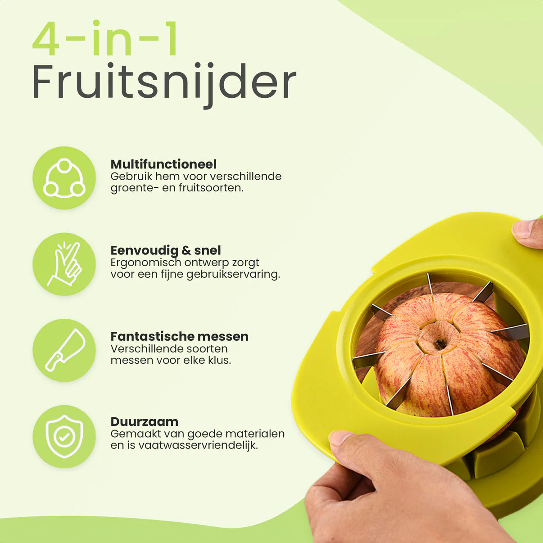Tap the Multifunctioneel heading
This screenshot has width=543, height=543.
[x=163, y=164]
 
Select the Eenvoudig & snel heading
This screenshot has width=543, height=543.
[x=165, y=250]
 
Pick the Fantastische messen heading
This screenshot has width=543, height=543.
[x=179, y=336]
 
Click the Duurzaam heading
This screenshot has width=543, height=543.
[x=144, y=422]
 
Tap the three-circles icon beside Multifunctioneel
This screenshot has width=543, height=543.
[x=64, y=178]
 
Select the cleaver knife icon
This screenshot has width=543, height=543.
[x=64, y=350]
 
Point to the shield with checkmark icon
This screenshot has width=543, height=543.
[x=64, y=436]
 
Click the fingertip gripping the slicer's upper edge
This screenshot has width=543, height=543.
[x=523, y=229]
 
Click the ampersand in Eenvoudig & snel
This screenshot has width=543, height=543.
[x=186, y=250]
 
